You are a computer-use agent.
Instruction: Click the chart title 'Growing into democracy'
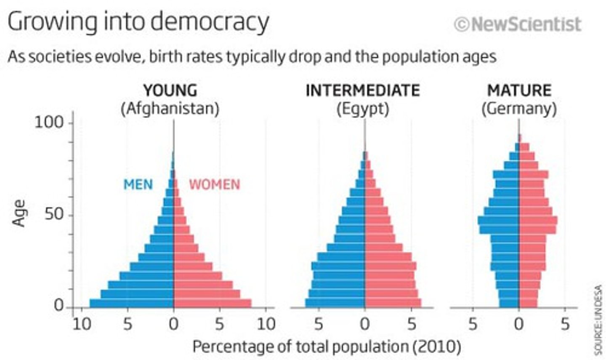[x=138, y=22]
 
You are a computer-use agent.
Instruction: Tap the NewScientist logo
[x=518, y=24]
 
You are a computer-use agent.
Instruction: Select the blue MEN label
[x=138, y=184]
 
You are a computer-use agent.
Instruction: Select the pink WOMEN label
[x=214, y=184]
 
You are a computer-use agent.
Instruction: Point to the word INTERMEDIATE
[x=362, y=91]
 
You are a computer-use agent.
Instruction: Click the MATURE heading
[x=519, y=91]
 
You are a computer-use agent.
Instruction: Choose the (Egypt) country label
[x=362, y=109]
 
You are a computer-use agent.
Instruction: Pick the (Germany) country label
[x=519, y=109]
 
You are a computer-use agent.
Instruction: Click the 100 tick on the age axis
[x=48, y=123]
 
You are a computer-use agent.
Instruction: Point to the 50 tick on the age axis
[x=54, y=215]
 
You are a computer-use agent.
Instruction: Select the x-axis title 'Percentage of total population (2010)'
[x=327, y=347]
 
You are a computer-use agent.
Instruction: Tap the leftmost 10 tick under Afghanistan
[x=82, y=324]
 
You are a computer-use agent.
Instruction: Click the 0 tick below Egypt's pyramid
[x=364, y=324]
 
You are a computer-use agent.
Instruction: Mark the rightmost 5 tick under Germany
[x=565, y=324]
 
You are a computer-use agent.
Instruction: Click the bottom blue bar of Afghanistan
[x=131, y=303]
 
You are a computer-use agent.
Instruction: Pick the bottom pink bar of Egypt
[x=393, y=303]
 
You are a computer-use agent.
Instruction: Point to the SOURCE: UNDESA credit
[x=598, y=320]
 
